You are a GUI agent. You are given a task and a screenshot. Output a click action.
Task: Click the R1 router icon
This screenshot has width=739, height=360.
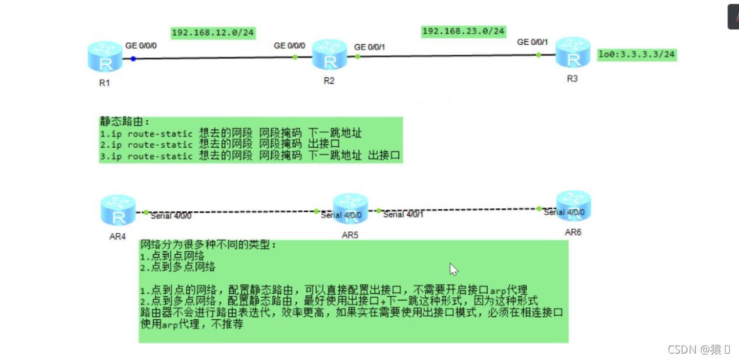click(105, 58)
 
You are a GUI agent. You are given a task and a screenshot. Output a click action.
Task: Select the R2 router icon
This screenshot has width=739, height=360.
click(329, 56)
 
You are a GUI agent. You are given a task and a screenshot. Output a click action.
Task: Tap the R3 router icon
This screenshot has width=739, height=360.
click(573, 53)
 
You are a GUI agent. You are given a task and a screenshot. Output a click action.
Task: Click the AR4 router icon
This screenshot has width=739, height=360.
click(118, 211)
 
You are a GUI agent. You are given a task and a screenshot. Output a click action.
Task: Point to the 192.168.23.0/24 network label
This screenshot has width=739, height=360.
click(464, 31)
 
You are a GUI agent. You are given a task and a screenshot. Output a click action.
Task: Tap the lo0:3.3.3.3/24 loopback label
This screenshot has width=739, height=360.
click(637, 55)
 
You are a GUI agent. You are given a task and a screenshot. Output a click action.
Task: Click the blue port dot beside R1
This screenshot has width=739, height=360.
click(133, 58)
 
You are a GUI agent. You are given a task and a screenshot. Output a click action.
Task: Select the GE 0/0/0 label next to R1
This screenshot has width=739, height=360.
click(141, 45)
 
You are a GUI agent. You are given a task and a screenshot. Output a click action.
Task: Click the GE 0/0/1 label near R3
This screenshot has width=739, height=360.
click(532, 42)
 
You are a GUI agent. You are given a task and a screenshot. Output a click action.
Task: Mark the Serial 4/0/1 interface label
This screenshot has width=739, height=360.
click(403, 215)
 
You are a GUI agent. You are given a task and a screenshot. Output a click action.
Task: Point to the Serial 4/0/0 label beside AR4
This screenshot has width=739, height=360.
click(171, 216)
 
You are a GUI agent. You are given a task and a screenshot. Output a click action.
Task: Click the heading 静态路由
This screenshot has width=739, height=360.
click(125, 122)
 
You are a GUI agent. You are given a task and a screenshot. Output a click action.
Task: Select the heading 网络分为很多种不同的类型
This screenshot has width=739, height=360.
click(208, 245)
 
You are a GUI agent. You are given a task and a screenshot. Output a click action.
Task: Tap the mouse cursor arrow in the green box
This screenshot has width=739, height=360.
click(453, 269)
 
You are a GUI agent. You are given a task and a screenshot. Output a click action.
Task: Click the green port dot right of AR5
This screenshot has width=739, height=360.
click(378, 211)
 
